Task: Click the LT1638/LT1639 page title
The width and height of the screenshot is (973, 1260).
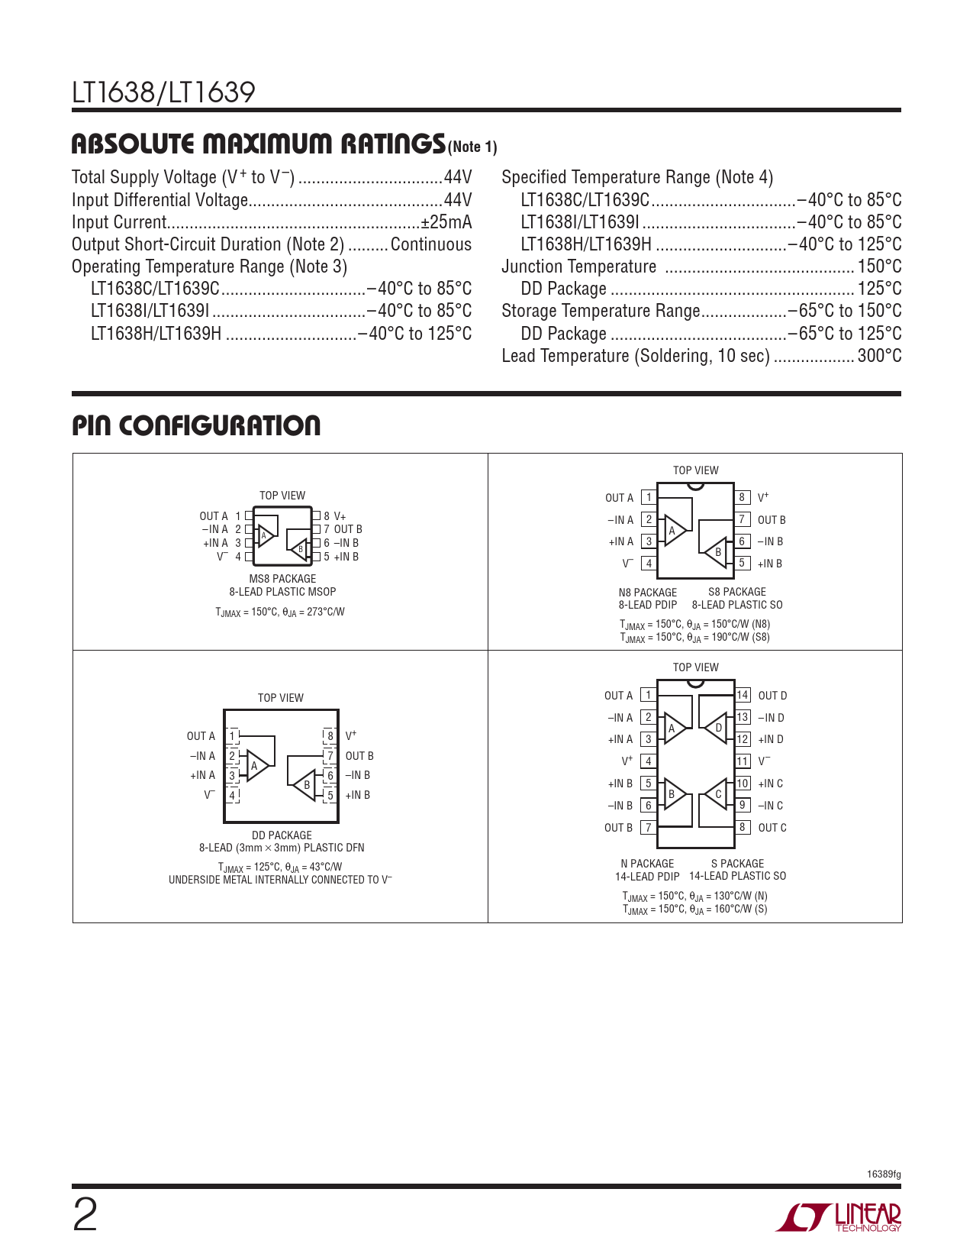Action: click(163, 93)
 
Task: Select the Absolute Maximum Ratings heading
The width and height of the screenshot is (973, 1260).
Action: click(258, 144)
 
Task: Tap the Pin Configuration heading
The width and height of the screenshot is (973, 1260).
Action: click(196, 425)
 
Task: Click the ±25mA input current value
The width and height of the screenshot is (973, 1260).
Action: click(446, 222)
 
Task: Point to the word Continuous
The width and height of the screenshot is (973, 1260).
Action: click(431, 244)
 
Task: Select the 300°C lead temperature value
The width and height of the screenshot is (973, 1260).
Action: click(879, 356)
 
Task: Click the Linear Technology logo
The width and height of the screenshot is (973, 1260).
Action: click(839, 1217)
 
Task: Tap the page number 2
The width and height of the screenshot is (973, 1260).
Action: click(85, 1216)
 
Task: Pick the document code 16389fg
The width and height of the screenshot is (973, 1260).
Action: click(884, 1174)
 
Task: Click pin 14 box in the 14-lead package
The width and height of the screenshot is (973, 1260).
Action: click(743, 695)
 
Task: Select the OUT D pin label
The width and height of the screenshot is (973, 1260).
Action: click(772, 696)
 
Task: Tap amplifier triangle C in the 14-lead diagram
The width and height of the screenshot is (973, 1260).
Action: click(716, 795)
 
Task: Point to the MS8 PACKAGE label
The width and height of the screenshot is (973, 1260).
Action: click(282, 579)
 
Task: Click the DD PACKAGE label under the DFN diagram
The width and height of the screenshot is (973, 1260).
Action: click(282, 835)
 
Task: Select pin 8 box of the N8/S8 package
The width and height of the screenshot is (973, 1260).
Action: click(742, 497)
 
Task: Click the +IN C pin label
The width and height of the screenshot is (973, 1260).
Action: click(770, 783)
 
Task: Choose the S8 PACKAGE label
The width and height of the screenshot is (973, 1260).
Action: click(737, 592)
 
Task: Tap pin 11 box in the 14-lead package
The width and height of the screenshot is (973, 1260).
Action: click(743, 761)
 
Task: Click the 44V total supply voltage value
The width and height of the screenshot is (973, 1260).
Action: click(458, 178)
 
